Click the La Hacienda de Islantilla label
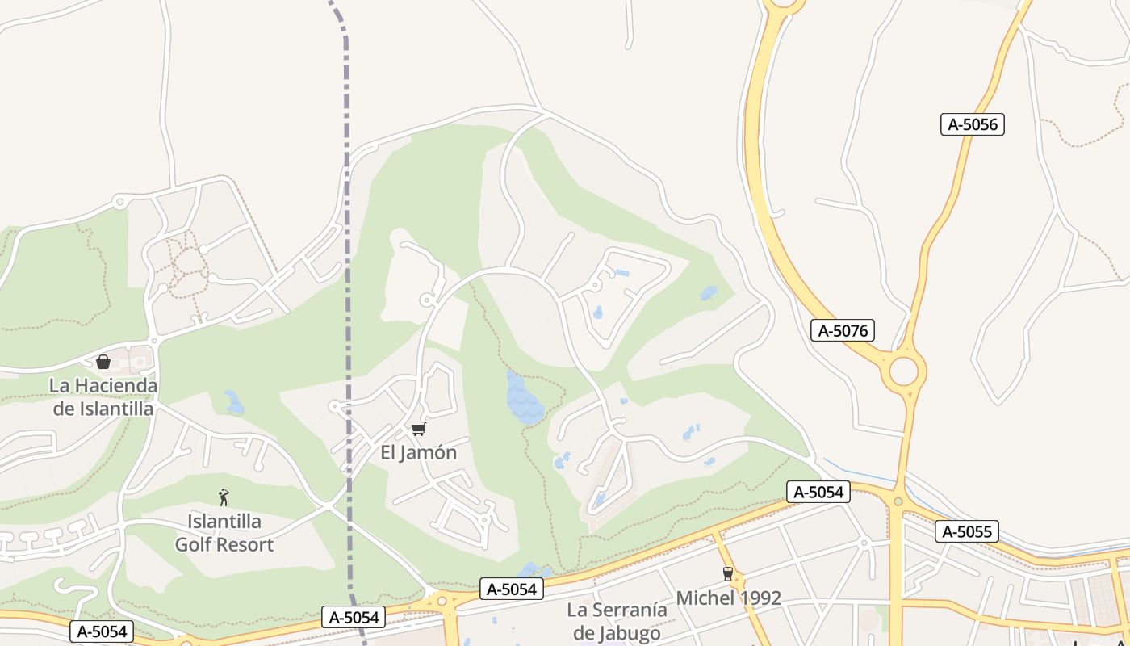click(103, 396)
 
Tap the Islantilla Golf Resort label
click(224, 532)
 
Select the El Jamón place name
click(418, 452)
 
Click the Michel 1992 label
click(728, 598)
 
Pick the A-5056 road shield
click(972, 124)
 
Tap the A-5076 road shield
click(842, 330)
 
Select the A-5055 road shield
click(967, 531)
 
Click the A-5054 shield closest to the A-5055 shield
click(818, 492)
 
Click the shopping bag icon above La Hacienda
click(103, 362)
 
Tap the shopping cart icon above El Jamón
click(418, 429)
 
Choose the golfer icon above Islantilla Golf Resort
click(224, 497)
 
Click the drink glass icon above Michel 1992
click(728, 574)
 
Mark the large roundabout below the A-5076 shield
click(904, 371)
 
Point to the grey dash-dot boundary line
click(348, 242)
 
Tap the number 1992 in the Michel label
click(754, 598)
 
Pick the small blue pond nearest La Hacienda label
click(234, 401)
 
